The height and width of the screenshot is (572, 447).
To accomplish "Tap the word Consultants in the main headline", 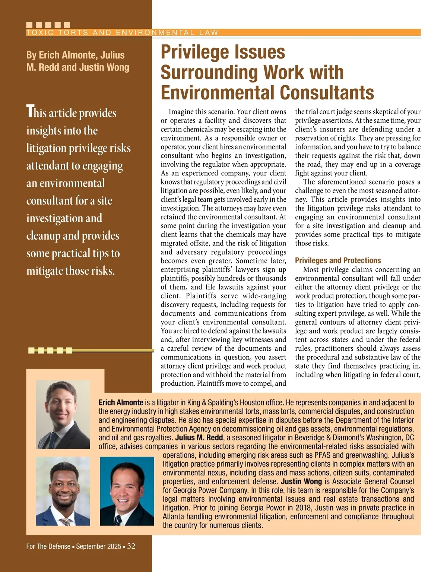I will (327, 93).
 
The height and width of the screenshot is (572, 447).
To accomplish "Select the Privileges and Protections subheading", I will (338, 260).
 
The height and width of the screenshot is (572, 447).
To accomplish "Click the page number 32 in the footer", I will (131, 546).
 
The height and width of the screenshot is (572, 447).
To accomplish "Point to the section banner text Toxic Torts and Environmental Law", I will (122, 33).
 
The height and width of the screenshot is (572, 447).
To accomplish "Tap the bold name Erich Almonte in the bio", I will (121, 402).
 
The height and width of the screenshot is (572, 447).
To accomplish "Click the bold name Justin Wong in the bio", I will (301, 481).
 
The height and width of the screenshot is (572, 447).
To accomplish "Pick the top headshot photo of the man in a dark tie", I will (63, 414).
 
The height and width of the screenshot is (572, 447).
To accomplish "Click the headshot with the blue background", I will (127, 491).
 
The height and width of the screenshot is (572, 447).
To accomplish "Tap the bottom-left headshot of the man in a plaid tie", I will (63, 491).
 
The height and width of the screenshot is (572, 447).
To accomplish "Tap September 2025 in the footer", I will (99, 547).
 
